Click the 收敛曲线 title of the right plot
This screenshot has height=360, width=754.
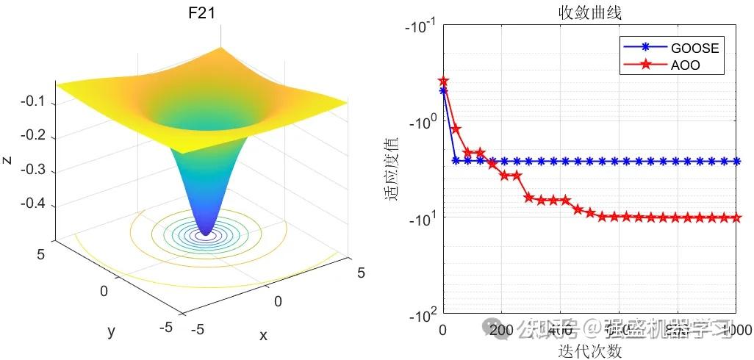point(589,12)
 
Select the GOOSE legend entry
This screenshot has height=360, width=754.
point(694,48)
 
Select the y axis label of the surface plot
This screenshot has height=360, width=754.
point(112,331)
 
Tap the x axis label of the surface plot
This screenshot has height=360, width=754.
point(263,335)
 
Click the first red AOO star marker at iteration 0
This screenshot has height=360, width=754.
point(443,81)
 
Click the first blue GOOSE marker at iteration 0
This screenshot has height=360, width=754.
point(443,90)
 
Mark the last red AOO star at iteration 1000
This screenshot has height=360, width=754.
point(736,217)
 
